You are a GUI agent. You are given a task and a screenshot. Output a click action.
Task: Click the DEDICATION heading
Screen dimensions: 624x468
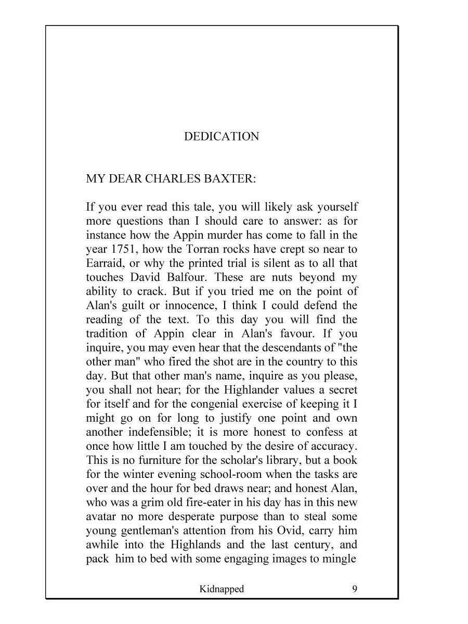[222, 136]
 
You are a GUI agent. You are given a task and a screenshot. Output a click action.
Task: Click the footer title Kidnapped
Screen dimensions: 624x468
[222, 589]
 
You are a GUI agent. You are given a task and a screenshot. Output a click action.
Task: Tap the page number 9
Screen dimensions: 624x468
[354, 589]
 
